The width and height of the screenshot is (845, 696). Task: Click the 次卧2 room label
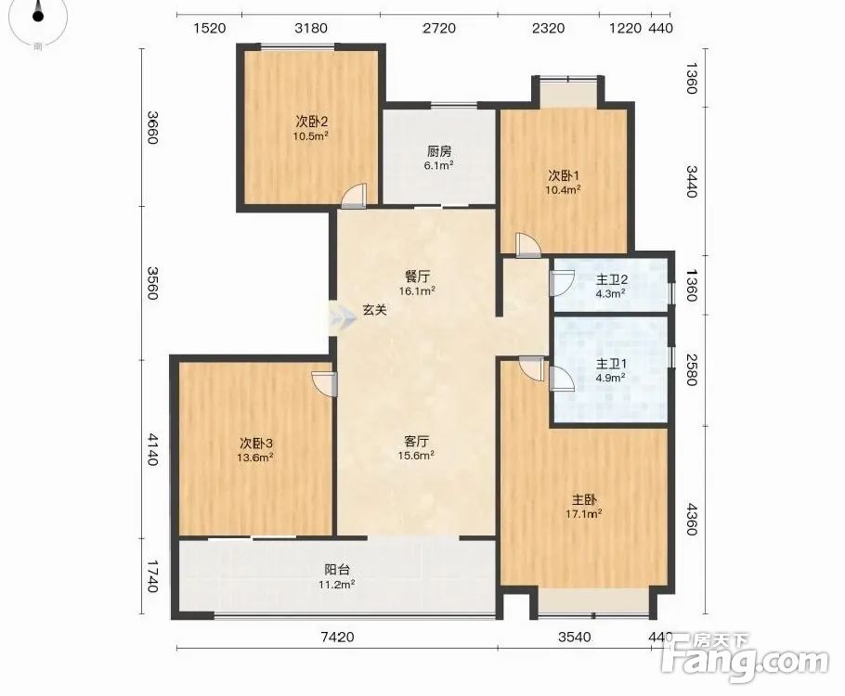tap(311, 120)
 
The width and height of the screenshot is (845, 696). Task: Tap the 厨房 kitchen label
tap(438, 151)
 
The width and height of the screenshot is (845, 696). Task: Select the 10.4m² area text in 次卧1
tap(563, 189)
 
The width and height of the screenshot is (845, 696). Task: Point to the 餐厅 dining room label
tap(417, 277)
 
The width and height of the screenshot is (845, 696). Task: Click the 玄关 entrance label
tap(374, 310)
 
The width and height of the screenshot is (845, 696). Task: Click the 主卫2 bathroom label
tap(611, 280)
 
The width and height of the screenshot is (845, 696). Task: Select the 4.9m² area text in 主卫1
tap(610, 378)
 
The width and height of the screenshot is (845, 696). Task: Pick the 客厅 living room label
tap(417, 442)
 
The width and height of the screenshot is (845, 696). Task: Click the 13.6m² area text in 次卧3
tap(255, 458)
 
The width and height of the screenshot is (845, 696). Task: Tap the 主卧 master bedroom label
tap(584, 500)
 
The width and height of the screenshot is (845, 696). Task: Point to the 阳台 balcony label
tap(337, 570)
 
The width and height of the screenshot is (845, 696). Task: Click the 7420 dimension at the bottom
tap(337, 638)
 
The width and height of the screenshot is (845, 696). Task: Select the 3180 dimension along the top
tap(311, 28)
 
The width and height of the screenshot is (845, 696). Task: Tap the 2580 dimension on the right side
tap(692, 369)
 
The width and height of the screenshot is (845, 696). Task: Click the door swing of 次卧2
tap(355, 196)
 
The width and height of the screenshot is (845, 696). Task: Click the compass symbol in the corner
tap(38, 20)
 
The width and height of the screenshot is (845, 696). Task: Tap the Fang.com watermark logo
tap(745, 658)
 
